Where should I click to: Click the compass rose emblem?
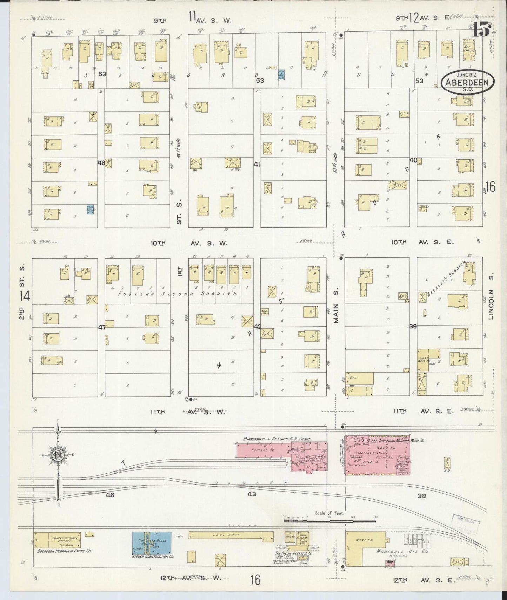pyautogui.click(x=57, y=455)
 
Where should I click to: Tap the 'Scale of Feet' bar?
pyautogui.click(x=329, y=521)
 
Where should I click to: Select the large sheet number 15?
pyautogui.click(x=481, y=29)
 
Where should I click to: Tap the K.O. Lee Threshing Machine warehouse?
pyautogui.click(x=377, y=455)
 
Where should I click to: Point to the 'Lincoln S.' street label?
pyautogui.click(x=491, y=304)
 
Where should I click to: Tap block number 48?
pyautogui.click(x=101, y=163)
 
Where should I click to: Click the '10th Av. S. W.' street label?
pyautogui.click(x=189, y=243)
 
